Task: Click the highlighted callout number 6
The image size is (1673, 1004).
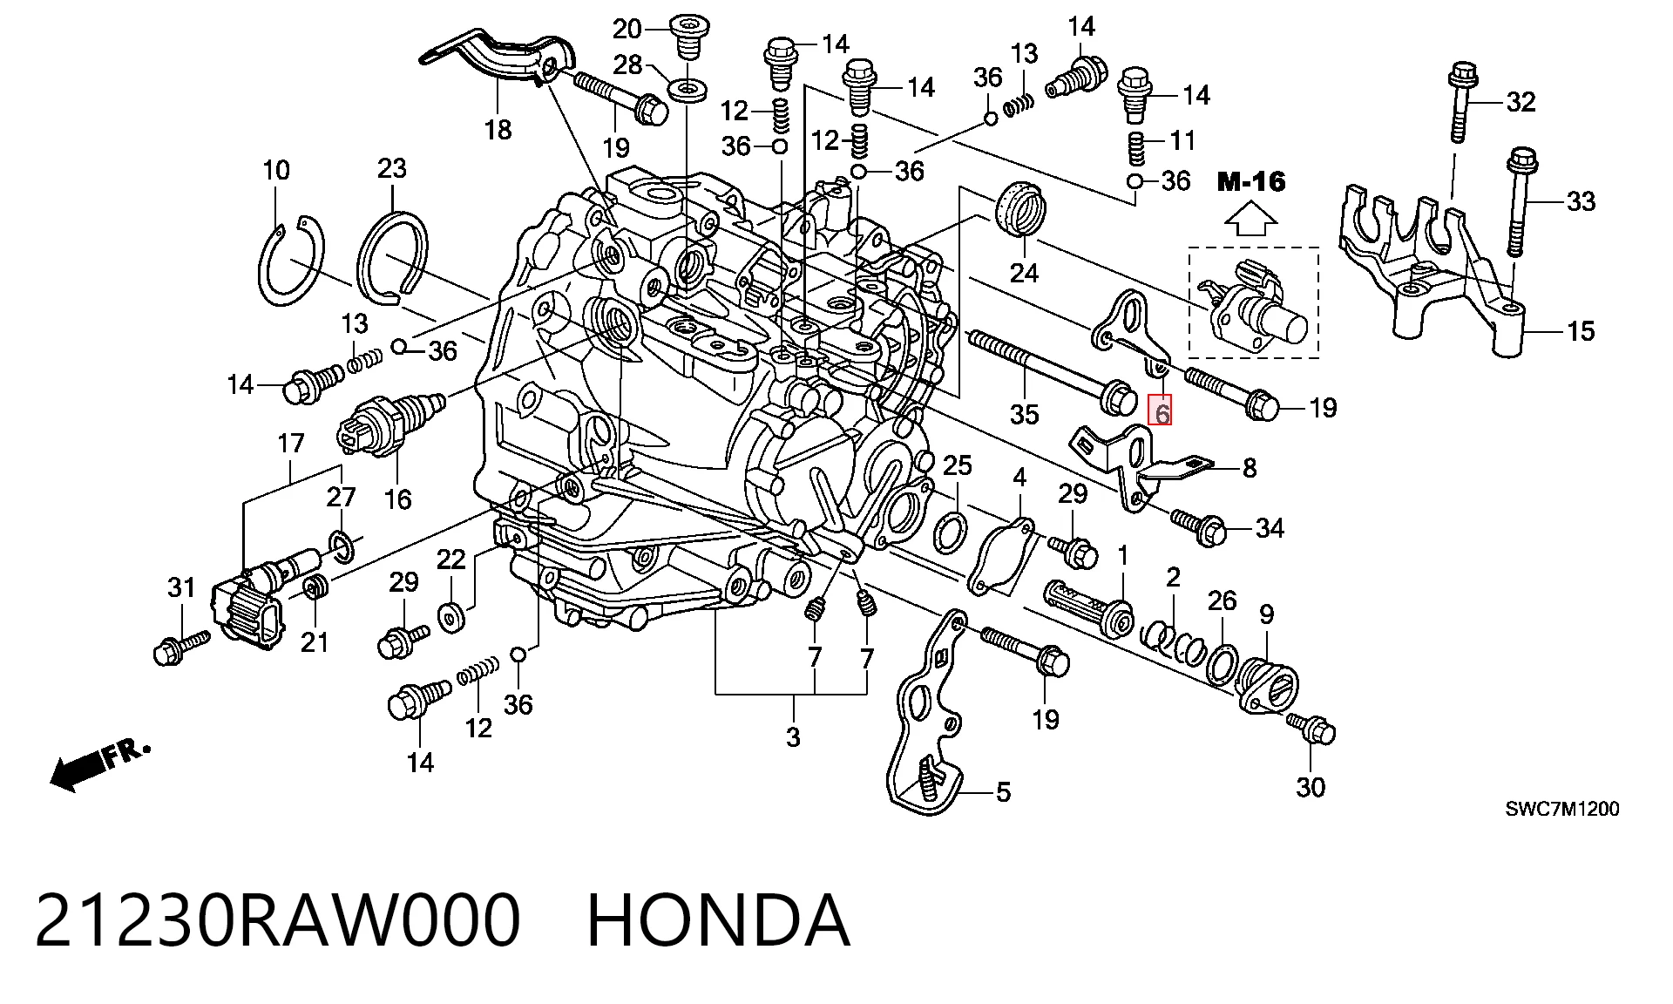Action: tap(1162, 410)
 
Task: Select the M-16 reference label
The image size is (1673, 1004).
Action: tap(1251, 181)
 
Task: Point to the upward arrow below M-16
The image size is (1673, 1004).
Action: tap(1250, 220)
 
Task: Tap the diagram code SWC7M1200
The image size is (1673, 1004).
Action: tap(1562, 809)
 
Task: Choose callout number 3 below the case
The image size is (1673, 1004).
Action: tap(792, 737)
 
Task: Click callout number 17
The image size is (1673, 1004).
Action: tap(290, 444)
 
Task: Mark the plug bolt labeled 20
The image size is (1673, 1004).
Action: tap(688, 35)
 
